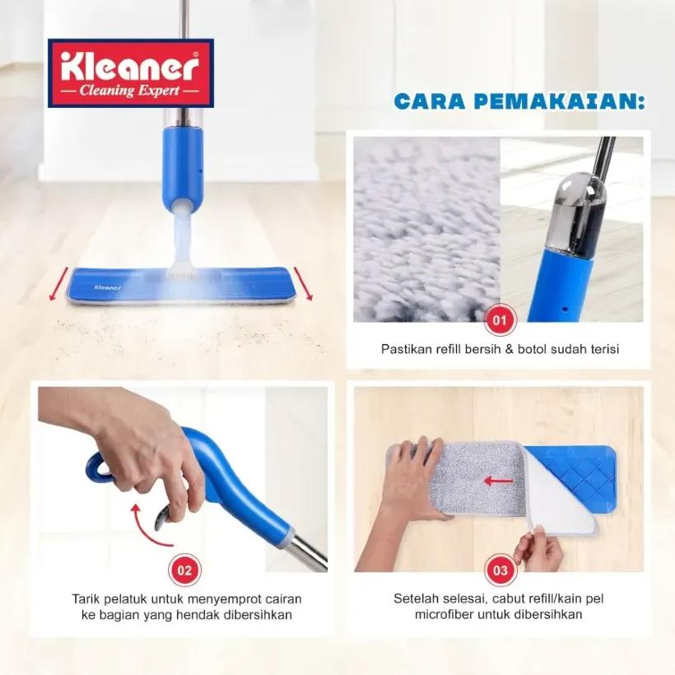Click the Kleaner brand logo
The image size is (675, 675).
coord(131,73)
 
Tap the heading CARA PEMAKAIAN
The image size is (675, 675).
coord(519,101)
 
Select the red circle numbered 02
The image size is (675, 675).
coord(184,570)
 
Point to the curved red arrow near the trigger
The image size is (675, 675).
coord(148,527)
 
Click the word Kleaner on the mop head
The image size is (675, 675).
coord(108,287)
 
